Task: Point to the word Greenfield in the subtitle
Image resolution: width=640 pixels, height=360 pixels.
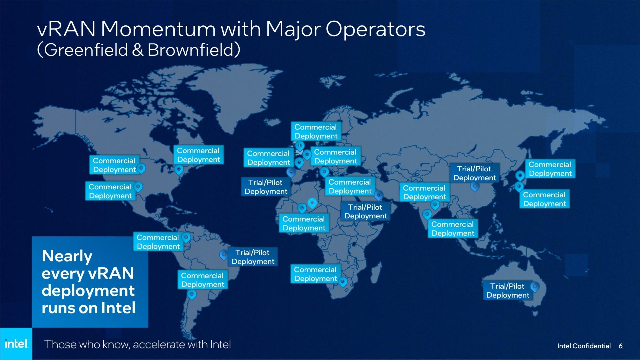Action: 86,50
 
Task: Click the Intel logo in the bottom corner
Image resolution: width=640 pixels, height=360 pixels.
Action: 16,344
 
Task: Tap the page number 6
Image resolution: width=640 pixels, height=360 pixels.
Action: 620,346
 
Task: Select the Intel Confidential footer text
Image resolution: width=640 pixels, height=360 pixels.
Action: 584,346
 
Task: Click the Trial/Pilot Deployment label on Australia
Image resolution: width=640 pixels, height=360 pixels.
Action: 508,290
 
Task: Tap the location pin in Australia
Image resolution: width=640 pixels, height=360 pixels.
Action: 535,287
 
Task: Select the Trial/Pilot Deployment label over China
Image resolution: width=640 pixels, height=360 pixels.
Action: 474,173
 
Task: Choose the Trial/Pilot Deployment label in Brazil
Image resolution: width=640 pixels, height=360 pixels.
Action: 253,257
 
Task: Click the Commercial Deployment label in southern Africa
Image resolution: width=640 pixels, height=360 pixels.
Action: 315,274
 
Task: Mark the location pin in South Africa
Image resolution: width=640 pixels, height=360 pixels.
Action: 343,282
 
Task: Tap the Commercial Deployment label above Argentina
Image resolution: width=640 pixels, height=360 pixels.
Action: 203,280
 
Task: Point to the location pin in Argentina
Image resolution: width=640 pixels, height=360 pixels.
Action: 192,294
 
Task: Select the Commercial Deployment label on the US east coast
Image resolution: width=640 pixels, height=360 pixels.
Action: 198,155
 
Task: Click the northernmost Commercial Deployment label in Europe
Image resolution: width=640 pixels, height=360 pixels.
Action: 316,131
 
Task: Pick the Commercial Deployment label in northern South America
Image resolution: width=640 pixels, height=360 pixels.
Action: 158,242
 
